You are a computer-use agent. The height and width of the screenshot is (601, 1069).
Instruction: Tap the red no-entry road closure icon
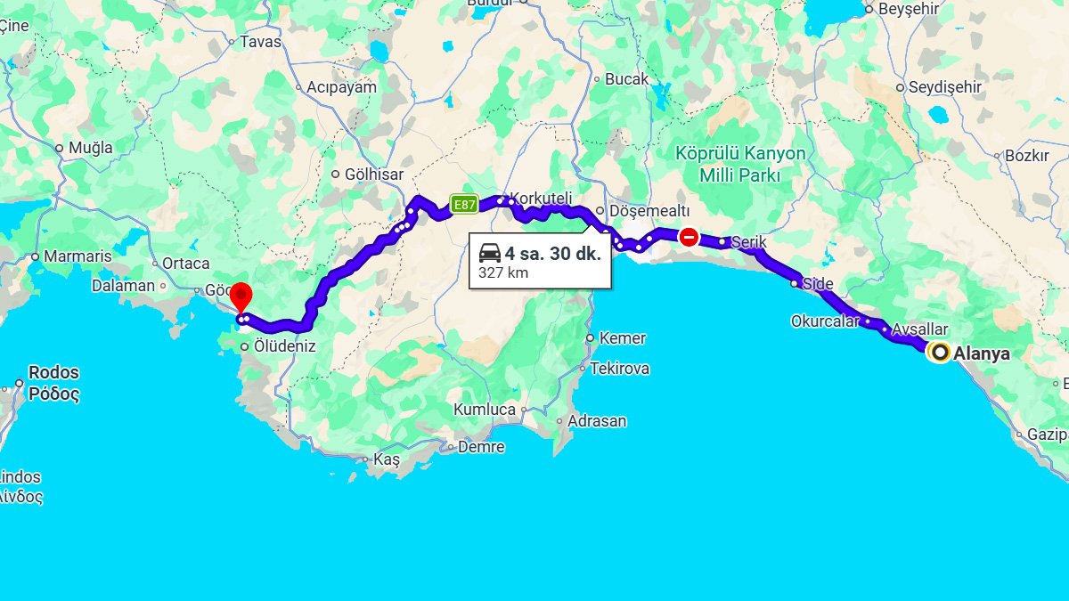(688, 237)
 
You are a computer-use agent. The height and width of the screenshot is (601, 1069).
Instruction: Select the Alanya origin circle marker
(939, 353)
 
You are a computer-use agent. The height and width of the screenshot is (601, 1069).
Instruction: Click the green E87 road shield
(463, 204)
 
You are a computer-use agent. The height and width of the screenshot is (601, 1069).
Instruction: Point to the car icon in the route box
(489, 252)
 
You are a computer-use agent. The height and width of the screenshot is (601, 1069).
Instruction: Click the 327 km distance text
(503, 272)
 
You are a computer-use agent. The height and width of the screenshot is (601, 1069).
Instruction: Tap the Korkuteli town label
(540, 198)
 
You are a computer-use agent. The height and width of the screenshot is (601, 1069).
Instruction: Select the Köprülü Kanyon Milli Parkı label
(740, 164)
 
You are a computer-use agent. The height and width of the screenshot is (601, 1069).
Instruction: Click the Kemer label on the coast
(623, 338)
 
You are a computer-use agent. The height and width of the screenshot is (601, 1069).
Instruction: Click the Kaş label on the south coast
(387, 459)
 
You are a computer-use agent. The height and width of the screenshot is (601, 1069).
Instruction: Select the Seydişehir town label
(944, 87)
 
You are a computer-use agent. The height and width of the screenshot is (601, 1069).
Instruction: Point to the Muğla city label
(90, 148)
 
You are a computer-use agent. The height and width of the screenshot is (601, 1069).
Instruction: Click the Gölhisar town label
(374, 175)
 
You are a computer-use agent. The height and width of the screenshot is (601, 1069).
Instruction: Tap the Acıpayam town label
(341, 87)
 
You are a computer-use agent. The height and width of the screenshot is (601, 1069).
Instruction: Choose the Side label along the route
(818, 284)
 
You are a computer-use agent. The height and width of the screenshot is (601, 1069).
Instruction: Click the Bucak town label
(627, 79)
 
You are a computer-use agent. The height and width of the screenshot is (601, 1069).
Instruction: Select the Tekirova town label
(619, 368)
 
